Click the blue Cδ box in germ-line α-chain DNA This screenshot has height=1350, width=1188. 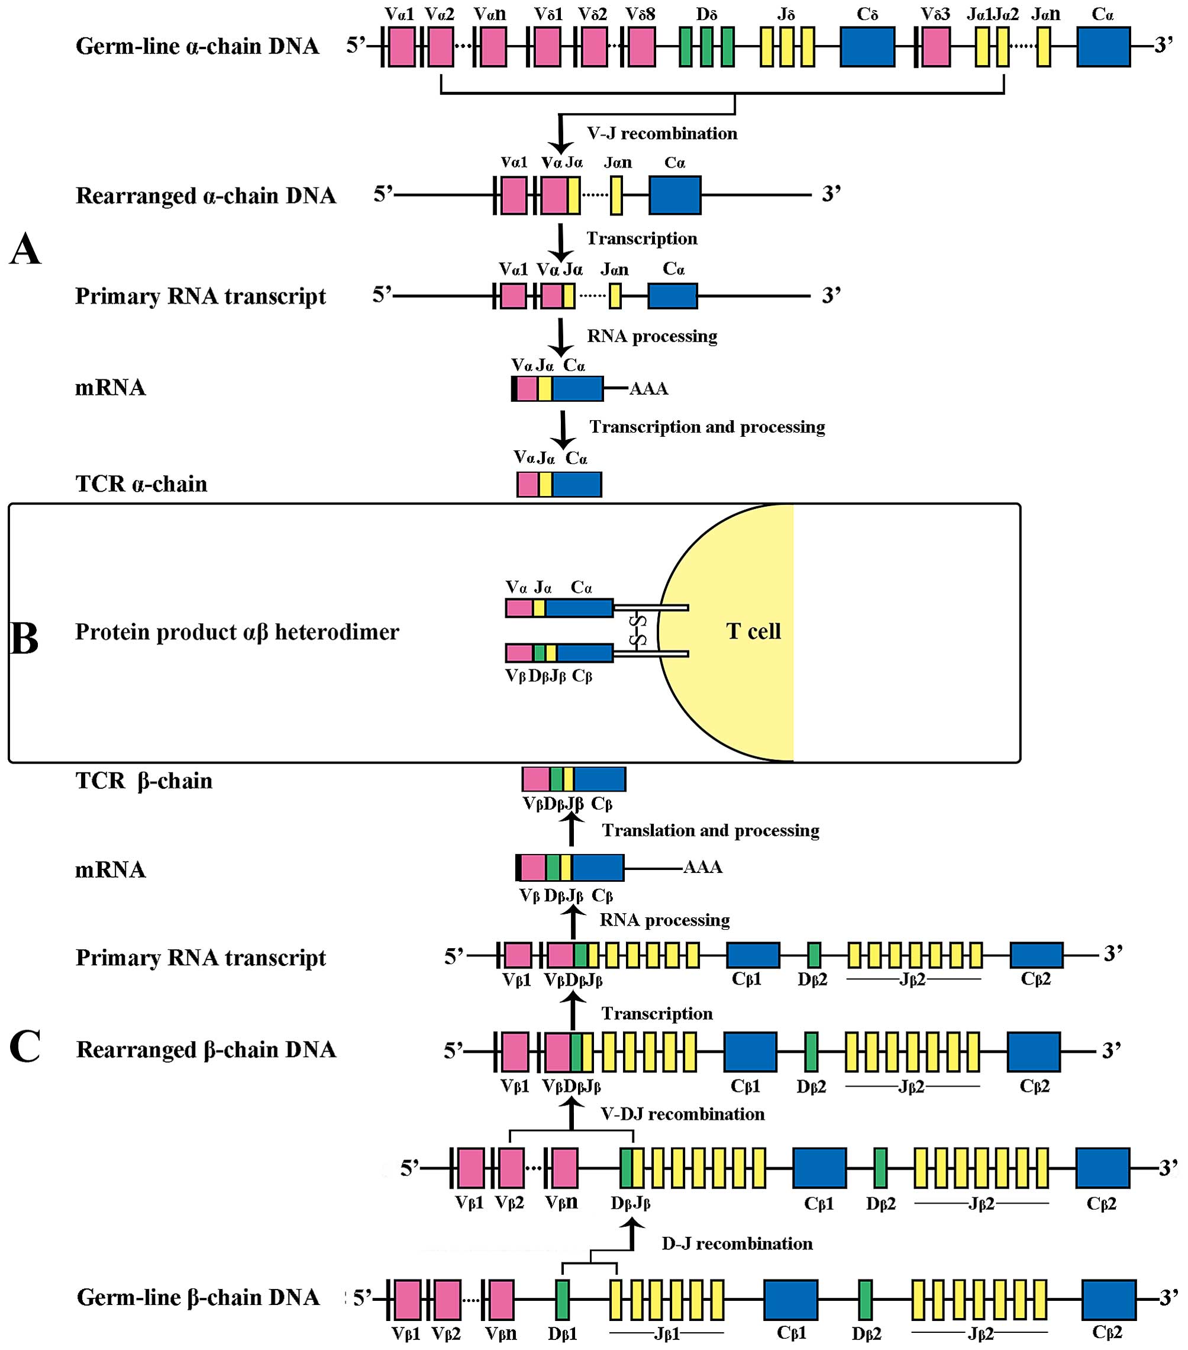[x=867, y=47]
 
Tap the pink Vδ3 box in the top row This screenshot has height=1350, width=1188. [x=936, y=47]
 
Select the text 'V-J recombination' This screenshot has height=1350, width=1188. [x=661, y=133]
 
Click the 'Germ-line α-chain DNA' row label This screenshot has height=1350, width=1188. [x=197, y=46]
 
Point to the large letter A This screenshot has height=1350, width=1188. [x=25, y=250]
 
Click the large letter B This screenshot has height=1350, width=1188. [x=24, y=639]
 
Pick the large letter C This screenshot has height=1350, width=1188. [x=25, y=1046]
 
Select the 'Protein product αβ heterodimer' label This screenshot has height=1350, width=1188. [x=237, y=632]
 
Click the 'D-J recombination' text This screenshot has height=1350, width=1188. [x=737, y=1243]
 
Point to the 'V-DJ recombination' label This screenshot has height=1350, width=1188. [x=682, y=1114]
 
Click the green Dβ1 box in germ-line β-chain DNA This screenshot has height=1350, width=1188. [x=562, y=1300]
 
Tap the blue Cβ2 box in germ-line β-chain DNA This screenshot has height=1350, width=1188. [x=1109, y=1300]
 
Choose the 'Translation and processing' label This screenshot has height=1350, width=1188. [x=710, y=830]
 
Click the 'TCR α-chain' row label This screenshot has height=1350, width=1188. [x=141, y=484]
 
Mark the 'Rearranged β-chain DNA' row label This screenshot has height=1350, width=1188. [x=206, y=1049]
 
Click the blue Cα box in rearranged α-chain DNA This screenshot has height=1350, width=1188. [x=675, y=195]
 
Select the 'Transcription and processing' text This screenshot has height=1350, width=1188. [x=706, y=427]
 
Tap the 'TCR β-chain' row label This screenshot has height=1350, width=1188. [x=144, y=781]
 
